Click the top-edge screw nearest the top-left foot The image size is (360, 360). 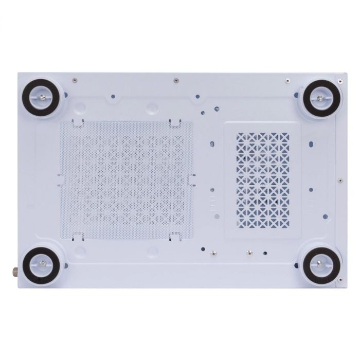(x=75, y=80)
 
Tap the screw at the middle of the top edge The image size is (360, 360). (x=176, y=80)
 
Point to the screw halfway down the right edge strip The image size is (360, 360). (x=339, y=181)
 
